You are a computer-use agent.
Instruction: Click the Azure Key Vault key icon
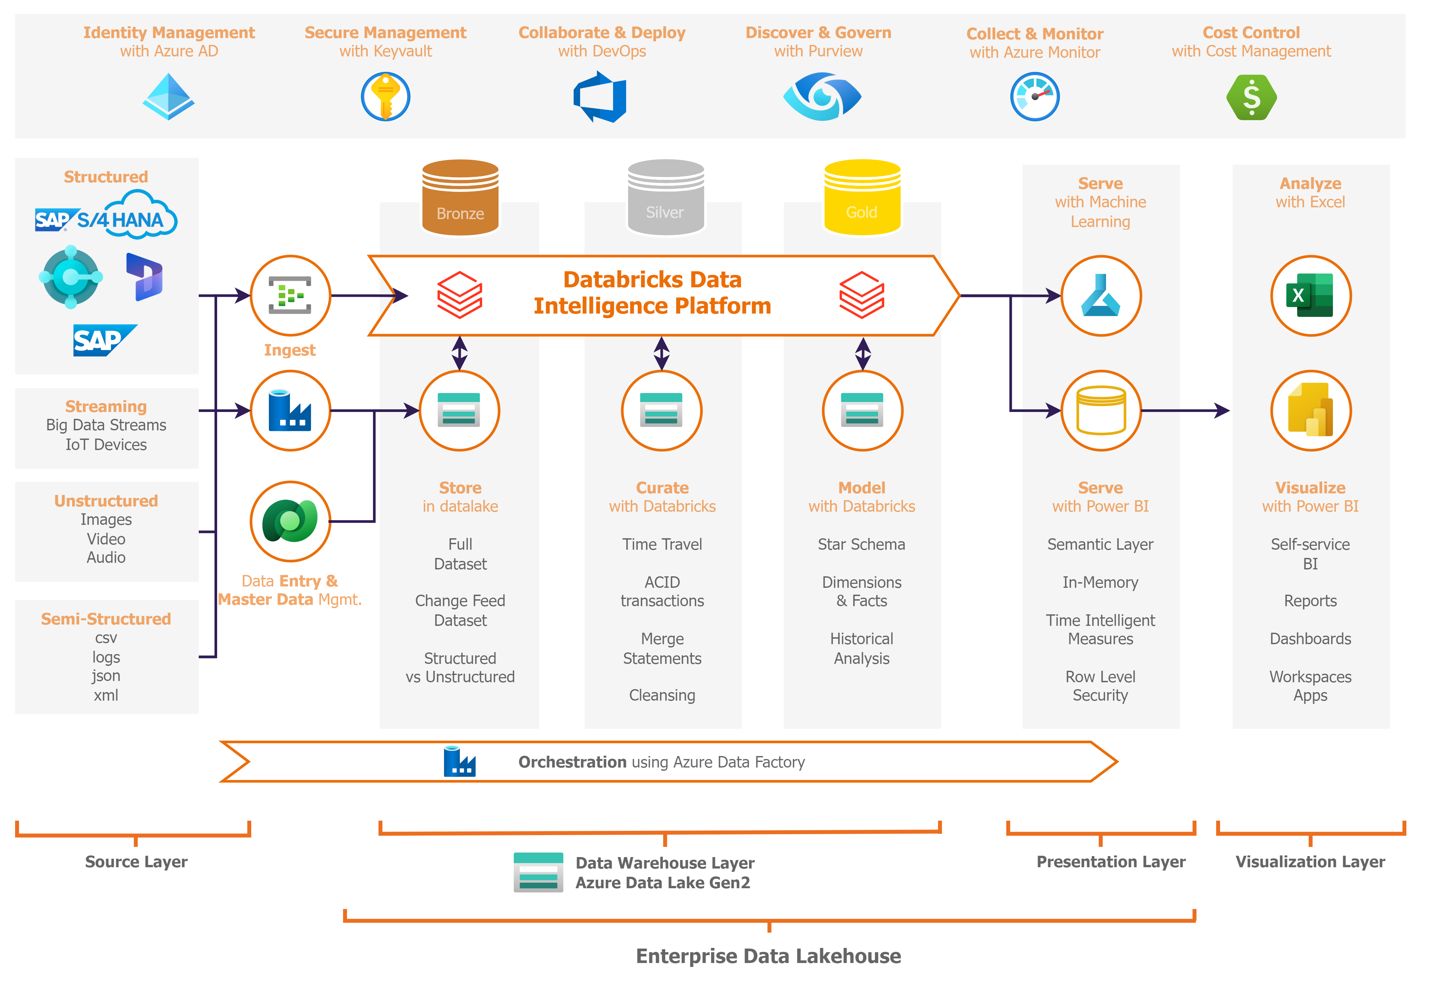pyautogui.click(x=385, y=97)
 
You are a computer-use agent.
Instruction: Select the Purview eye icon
pyautogui.click(x=822, y=97)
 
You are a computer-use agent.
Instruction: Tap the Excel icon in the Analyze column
pyautogui.click(x=1310, y=296)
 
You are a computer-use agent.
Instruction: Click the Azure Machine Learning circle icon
pyautogui.click(x=1101, y=296)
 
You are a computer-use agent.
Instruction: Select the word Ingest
pyautogui.click(x=290, y=350)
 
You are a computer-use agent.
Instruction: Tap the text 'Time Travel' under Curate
pyautogui.click(x=662, y=544)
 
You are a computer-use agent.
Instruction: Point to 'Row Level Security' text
pyautogui.click(x=1100, y=686)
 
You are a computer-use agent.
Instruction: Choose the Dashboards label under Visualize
pyautogui.click(x=1310, y=639)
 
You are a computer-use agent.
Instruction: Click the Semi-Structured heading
pyautogui.click(x=106, y=619)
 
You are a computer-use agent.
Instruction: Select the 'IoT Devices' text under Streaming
pyautogui.click(x=106, y=444)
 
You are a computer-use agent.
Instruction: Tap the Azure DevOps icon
pyautogui.click(x=600, y=97)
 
